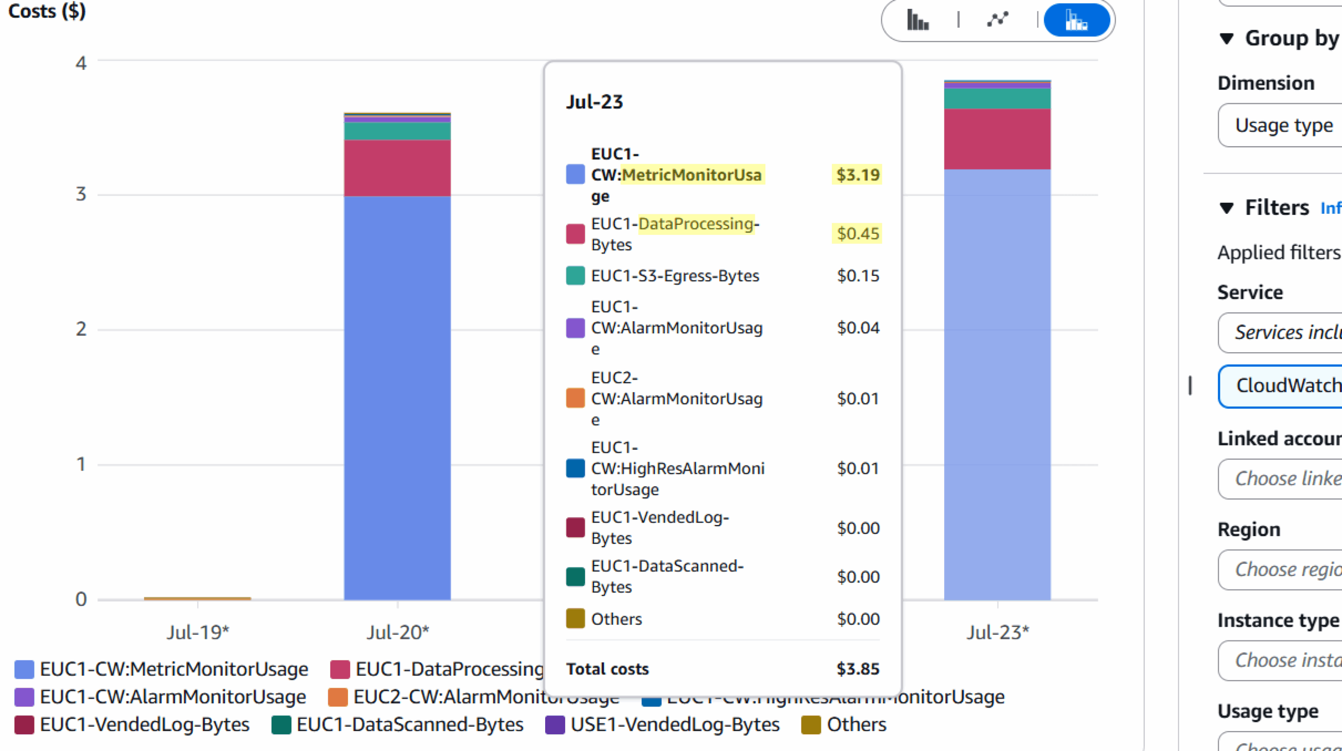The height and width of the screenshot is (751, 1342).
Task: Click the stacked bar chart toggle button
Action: coord(1076,21)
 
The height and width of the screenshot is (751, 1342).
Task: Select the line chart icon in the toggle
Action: coord(997,20)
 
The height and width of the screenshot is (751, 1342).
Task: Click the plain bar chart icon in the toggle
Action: coord(918,21)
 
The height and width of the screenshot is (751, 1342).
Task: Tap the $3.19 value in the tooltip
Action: coord(858,175)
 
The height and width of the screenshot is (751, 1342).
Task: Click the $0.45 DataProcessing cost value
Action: coord(858,234)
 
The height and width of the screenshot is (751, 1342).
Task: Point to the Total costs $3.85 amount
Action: coord(858,669)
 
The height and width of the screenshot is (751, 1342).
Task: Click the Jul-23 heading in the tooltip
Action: coord(594,102)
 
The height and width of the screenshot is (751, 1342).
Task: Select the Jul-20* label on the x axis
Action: coord(398,633)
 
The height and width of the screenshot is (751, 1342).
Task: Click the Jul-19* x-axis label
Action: coord(198,633)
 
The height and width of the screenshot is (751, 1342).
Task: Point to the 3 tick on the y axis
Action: coord(81,194)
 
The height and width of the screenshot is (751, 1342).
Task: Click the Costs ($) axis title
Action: coord(47,12)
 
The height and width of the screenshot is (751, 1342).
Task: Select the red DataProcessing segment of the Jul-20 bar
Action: coord(397,168)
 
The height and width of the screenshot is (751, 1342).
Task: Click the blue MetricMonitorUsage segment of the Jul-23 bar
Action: coord(997,383)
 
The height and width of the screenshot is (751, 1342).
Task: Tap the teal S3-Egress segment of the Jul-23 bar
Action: coord(997,99)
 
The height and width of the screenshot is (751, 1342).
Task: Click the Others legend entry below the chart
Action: coord(844,725)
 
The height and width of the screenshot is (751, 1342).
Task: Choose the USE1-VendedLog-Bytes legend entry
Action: coord(663,725)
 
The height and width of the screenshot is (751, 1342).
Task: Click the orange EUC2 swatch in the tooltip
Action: coord(575,398)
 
